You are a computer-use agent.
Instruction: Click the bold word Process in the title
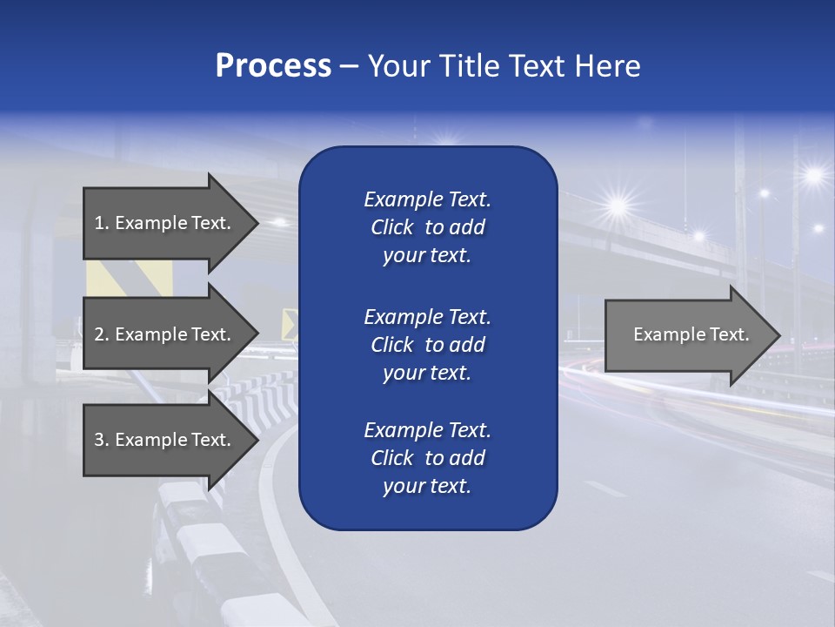click(273, 66)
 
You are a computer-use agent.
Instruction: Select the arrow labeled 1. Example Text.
click(165, 223)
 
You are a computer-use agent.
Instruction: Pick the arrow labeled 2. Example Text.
click(165, 334)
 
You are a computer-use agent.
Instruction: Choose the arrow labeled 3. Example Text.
click(165, 440)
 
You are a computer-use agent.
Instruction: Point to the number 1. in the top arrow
click(102, 223)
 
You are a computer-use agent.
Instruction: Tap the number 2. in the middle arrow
click(102, 334)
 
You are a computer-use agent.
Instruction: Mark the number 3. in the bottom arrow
click(102, 440)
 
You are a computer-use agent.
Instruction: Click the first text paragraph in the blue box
click(427, 227)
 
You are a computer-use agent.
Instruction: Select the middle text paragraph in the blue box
click(427, 345)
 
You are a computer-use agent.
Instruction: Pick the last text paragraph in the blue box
click(427, 458)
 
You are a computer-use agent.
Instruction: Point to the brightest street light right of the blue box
click(618, 206)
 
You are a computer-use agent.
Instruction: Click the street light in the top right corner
click(814, 175)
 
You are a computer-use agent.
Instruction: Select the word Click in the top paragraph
click(391, 227)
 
